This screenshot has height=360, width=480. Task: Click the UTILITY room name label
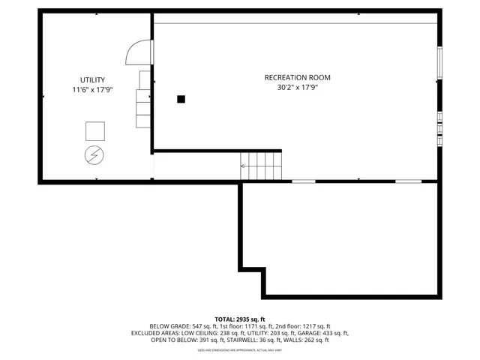[x=93, y=79]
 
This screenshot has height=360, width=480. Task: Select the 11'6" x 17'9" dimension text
[x=93, y=90]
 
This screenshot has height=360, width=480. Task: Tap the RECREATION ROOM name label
[x=297, y=77]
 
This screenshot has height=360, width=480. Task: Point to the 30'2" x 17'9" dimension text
[x=297, y=87]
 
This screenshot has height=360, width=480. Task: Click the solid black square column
[x=181, y=98]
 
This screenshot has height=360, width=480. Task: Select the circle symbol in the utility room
[x=94, y=155]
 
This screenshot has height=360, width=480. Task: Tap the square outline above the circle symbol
[x=94, y=131]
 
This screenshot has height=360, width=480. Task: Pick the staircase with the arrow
[x=261, y=164]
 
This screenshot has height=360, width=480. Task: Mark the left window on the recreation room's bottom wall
[x=303, y=181]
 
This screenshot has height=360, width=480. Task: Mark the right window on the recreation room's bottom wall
[x=408, y=181]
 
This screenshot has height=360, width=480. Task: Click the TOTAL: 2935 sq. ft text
[x=240, y=319]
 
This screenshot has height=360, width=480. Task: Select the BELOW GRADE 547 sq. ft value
[x=177, y=326]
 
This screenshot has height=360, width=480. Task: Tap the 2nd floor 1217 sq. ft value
[x=301, y=326]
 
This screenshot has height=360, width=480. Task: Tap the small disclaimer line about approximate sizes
[x=240, y=349]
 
